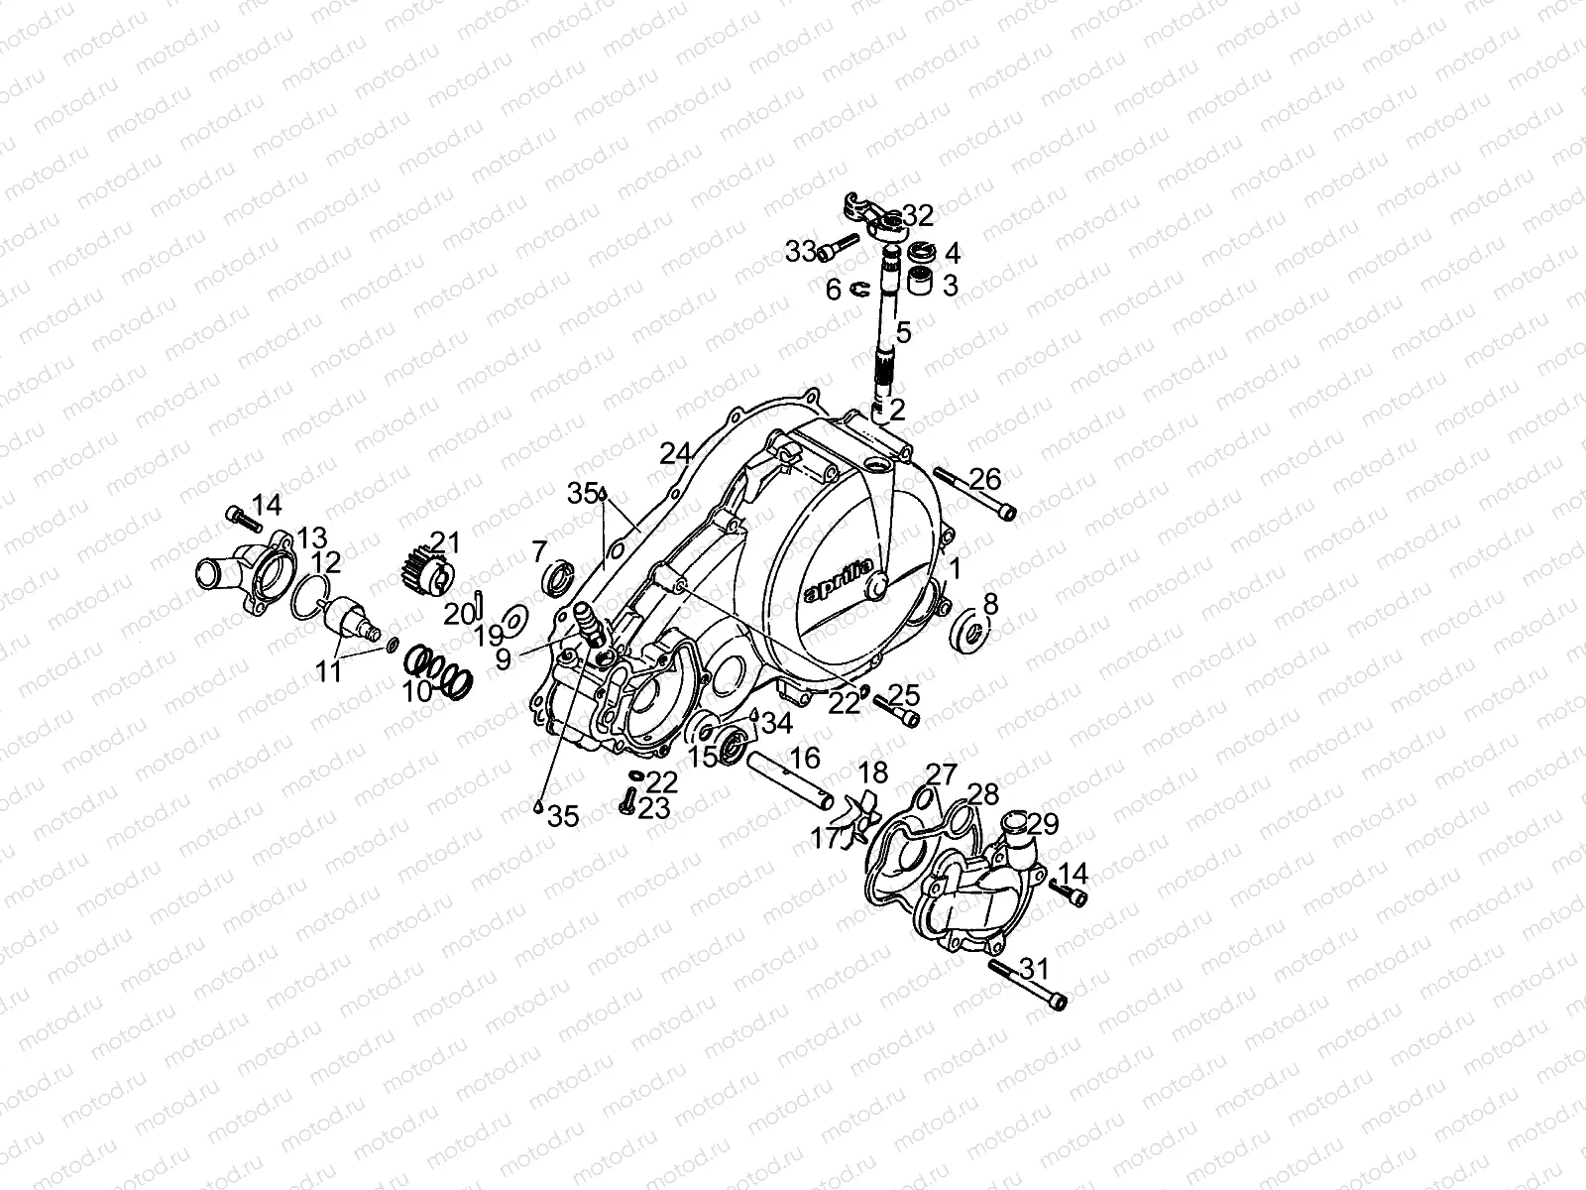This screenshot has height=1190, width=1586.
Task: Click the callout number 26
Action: (985, 479)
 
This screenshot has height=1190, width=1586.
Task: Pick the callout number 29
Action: (1043, 823)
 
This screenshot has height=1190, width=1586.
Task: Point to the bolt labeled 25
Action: (895, 710)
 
